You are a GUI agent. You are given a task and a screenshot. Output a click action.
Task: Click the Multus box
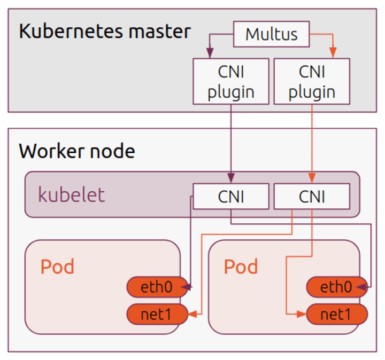[x=271, y=34]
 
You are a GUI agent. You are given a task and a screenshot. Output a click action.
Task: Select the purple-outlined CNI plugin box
[x=230, y=81]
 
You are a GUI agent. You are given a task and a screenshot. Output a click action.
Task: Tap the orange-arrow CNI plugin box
[x=312, y=81]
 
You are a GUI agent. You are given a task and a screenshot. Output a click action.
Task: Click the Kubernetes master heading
[x=104, y=31]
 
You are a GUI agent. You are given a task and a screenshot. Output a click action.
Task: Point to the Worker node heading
[x=77, y=151]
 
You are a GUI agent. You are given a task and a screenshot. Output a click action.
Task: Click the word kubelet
[x=71, y=195]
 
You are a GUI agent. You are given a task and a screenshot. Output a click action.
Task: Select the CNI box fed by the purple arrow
[x=230, y=196]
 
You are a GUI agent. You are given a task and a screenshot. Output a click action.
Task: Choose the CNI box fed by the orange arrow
[x=312, y=196]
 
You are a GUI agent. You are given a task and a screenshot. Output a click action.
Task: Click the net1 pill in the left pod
[x=156, y=314]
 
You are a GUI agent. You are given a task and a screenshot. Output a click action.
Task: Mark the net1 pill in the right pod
[x=336, y=314]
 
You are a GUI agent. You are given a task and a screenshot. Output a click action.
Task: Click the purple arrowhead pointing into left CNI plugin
[x=210, y=54]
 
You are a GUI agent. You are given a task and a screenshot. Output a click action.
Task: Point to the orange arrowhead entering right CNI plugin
[x=333, y=54]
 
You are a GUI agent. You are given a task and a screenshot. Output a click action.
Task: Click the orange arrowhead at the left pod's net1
[x=192, y=314]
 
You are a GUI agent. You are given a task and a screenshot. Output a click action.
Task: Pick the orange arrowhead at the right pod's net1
[x=303, y=314]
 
